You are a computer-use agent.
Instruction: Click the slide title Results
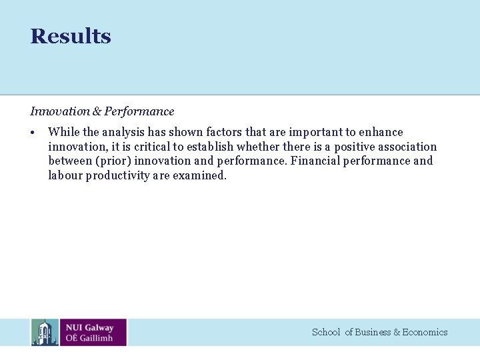71,36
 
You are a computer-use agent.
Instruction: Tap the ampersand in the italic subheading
97,111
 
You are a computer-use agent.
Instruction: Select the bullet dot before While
33,132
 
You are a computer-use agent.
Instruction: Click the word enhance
381,132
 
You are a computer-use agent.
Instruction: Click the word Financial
315,161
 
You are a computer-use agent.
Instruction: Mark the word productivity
117,175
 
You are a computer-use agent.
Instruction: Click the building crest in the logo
45,332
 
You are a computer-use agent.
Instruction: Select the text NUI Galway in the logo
89,327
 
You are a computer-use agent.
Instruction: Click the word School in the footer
326,332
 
